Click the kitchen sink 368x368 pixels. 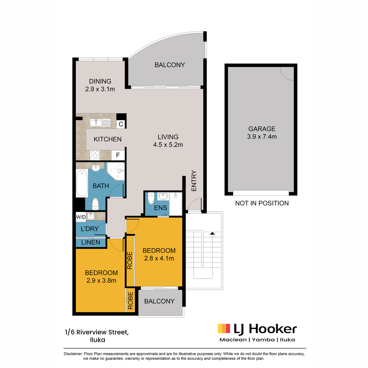(x=100, y=123)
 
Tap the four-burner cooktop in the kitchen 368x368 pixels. (x=95, y=155)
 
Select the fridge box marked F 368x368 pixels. (x=118, y=155)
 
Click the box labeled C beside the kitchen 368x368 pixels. (x=121, y=124)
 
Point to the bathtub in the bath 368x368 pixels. (x=82, y=183)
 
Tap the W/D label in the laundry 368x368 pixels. (x=81, y=217)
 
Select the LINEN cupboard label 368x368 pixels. (x=91, y=242)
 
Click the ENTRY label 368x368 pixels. (x=194, y=181)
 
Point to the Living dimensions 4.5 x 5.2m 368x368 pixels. (x=168, y=145)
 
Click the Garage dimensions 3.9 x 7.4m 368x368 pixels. (x=262, y=137)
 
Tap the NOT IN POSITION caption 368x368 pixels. (x=262, y=203)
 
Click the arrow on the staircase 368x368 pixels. (x=212, y=233)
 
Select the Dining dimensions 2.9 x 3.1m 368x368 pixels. (x=100, y=89)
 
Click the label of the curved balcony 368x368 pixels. (x=170, y=65)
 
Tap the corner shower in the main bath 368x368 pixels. (x=116, y=171)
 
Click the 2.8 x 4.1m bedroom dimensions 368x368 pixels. (x=159, y=259)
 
